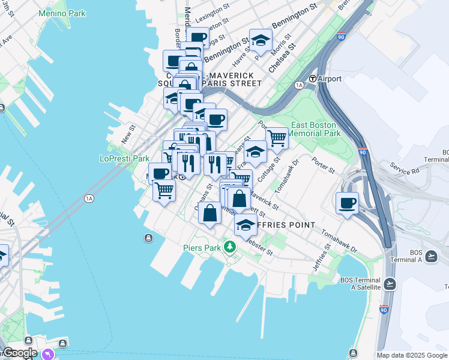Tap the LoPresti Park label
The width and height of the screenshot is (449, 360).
point(124,159)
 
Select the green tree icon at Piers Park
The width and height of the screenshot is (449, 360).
point(229,247)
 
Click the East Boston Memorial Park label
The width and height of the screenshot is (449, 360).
point(316,129)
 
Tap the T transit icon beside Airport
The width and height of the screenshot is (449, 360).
point(313,79)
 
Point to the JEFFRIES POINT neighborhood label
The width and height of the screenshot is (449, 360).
point(286,225)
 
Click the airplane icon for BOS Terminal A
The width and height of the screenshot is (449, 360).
point(431,257)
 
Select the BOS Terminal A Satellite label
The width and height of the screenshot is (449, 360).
point(360,284)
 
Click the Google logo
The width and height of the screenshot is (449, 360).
point(19,353)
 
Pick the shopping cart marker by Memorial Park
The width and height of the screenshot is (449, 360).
point(277,138)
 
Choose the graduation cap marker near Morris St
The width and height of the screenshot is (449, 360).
point(261,40)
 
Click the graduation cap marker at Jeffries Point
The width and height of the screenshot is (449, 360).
point(244,225)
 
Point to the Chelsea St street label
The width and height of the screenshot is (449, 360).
point(282,58)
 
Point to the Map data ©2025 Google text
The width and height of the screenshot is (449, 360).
point(412,355)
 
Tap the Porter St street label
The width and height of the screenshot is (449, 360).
point(323,165)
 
